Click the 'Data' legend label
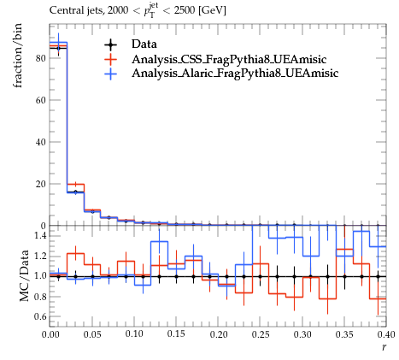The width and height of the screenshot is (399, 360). pyautogui.click(x=144, y=44)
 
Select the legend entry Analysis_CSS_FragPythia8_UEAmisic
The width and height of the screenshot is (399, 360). pyautogui.click(x=229, y=59)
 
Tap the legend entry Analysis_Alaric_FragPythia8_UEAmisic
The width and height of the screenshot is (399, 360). pyautogui.click(x=235, y=74)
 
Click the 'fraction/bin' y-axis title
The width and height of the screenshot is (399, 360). pyautogui.click(x=18, y=56)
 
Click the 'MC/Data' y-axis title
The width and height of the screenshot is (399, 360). pyautogui.click(x=24, y=276)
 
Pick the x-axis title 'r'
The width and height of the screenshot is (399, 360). pyautogui.click(x=384, y=347)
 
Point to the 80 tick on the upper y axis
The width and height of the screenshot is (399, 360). pyautogui.click(x=41, y=58)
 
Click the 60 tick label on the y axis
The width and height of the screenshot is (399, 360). pyautogui.click(x=41, y=100)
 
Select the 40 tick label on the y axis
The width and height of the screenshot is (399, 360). pyautogui.click(x=41, y=142)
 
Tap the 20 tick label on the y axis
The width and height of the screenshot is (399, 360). pyautogui.click(x=41, y=184)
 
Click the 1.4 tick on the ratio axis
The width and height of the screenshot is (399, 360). pyautogui.click(x=39, y=236)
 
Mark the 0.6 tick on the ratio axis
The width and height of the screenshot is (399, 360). pyautogui.click(x=39, y=316)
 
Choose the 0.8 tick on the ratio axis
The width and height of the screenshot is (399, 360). pyautogui.click(x=39, y=297)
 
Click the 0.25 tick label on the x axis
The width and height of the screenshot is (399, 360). pyautogui.click(x=261, y=334)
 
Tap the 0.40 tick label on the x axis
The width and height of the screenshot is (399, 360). pyautogui.click(x=386, y=334)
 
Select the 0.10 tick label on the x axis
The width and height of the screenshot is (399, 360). pyautogui.click(x=134, y=334)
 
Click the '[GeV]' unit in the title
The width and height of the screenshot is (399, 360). pyautogui.click(x=213, y=11)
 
